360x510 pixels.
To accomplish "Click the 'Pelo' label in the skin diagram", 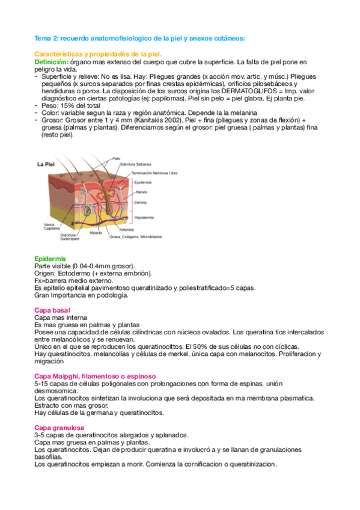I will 115,159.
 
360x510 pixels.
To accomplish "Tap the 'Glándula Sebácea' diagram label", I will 135,164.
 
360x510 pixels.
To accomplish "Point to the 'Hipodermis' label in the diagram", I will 144,217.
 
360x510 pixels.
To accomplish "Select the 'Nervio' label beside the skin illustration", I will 141,191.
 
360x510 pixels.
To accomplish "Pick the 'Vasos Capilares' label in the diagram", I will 52,227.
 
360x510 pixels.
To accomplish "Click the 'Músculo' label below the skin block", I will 95,232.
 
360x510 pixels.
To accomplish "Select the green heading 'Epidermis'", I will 50,258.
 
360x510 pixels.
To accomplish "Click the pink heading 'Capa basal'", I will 52,310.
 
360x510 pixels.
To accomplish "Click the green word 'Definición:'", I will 51,62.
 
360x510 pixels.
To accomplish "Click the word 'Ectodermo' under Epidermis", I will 72,273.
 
